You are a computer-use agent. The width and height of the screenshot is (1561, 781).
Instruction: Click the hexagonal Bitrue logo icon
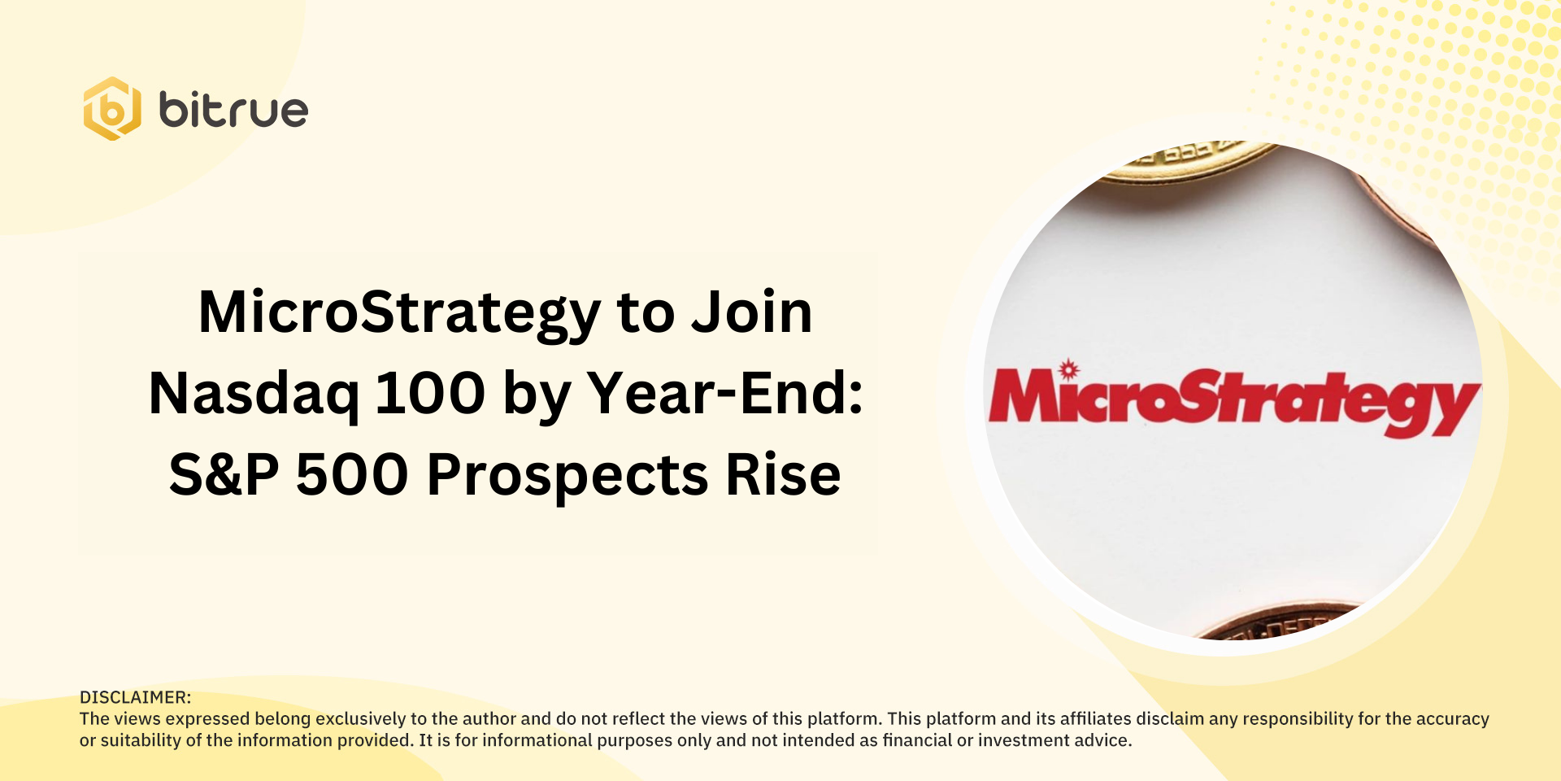112,109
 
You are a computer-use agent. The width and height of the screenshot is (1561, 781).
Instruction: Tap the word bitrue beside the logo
233,110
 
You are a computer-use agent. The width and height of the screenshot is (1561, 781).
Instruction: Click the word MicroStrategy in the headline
399,312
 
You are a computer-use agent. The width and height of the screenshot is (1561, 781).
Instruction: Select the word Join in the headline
751,312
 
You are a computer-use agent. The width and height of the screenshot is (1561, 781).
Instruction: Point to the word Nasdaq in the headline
254,394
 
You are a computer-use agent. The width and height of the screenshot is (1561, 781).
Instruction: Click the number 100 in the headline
430,394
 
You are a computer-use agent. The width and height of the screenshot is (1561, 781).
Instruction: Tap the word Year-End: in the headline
725,394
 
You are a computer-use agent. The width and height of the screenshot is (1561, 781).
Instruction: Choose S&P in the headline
224,475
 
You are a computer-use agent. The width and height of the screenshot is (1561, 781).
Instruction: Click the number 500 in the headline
351,475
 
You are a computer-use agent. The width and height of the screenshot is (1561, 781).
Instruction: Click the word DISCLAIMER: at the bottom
135,697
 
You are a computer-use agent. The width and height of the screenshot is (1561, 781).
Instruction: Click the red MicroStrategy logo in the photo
1233,401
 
